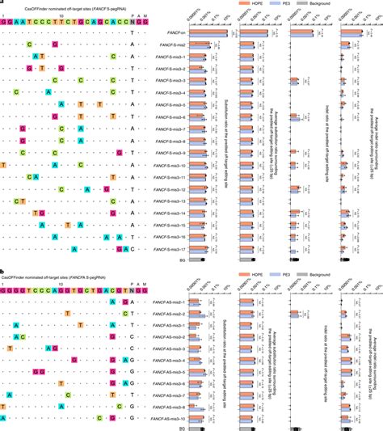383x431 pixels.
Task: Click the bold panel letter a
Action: click(2, 2)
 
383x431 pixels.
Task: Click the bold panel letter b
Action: click(2, 273)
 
